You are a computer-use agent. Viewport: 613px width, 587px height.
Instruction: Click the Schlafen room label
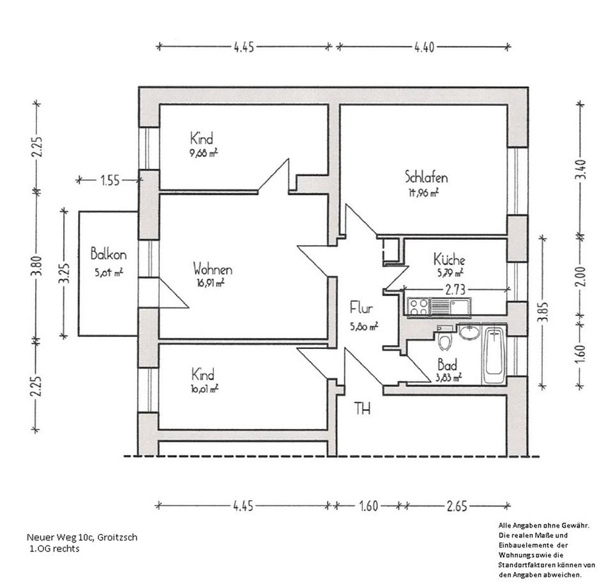(x=425, y=177)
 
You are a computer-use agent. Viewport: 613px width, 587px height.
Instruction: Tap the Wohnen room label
(x=213, y=269)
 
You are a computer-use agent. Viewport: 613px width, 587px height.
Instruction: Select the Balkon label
(x=108, y=253)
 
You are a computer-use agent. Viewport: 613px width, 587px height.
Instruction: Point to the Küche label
(x=449, y=260)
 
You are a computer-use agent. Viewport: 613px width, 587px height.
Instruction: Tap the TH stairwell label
(x=362, y=408)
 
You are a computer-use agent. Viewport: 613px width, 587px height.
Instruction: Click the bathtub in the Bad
(x=494, y=355)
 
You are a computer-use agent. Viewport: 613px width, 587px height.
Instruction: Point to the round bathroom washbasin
(x=469, y=332)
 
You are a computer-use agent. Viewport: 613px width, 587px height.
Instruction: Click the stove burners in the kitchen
(x=418, y=307)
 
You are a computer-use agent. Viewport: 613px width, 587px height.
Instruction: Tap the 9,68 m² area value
(x=204, y=153)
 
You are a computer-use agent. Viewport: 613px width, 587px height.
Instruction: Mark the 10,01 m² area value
(x=204, y=387)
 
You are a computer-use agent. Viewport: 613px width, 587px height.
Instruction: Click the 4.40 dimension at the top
(x=424, y=47)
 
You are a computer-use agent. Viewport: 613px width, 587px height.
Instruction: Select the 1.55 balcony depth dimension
(x=109, y=181)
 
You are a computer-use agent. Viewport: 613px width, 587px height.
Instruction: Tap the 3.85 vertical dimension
(x=543, y=313)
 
